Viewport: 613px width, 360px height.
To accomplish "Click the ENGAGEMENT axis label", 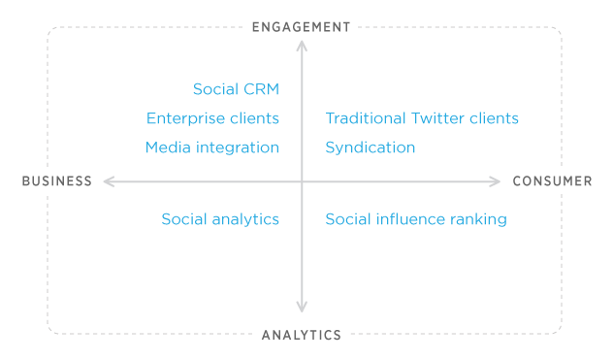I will (x=301, y=27).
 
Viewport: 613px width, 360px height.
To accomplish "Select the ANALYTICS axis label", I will (x=302, y=336).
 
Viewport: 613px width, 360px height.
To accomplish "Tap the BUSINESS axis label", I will (x=57, y=181).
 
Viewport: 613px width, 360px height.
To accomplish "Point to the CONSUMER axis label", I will (x=552, y=181).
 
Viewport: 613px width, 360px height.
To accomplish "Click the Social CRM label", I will (x=236, y=89).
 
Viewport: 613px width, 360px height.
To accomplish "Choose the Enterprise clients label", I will (x=212, y=118).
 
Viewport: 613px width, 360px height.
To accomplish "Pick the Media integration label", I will (x=211, y=147).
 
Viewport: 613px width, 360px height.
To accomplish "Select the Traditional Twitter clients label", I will (x=422, y=118).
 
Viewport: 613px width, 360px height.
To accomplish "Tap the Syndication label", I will (x=371, y=148).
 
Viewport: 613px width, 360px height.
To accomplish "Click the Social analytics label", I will (x=220, y=219).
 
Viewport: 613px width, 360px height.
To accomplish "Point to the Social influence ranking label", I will (x=416, y=219).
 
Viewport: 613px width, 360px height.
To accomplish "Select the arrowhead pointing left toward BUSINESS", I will (x=108, y=180).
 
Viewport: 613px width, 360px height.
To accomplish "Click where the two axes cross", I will (x=302, y=180).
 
